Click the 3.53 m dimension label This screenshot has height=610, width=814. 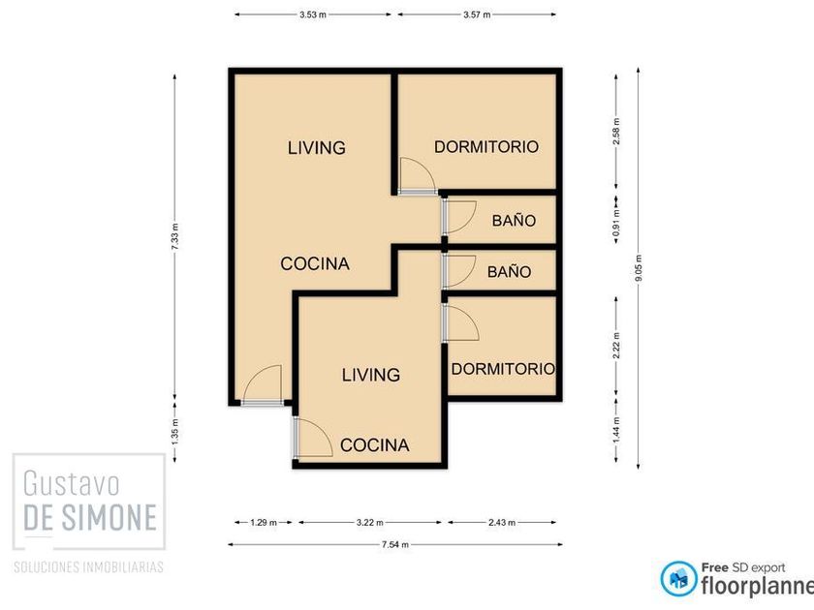point(312,15)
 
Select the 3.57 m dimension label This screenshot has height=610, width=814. point(477,15)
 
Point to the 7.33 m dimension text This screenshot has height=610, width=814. point(175,236)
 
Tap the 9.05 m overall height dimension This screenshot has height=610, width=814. point(638,268)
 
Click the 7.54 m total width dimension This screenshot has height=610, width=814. point(395,544)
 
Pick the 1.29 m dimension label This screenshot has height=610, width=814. point(264,522)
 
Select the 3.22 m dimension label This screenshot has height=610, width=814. point(369,522)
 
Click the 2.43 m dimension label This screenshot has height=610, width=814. point(502,522)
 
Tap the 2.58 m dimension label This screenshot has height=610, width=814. point(616,132)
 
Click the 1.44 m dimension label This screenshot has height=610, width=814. point(616,430)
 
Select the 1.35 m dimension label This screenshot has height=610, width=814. point(175,432)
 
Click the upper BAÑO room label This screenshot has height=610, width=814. point(514,221)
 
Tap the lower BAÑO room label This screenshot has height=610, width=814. point(510,271)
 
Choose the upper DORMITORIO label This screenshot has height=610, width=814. point(486,147)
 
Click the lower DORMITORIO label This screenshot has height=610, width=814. point(503,369)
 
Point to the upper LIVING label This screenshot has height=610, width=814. point(317,148)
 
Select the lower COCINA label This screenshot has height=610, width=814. point(375,445)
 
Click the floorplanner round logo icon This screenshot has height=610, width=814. point(679,578)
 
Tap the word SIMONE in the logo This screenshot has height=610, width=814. point(109,517)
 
